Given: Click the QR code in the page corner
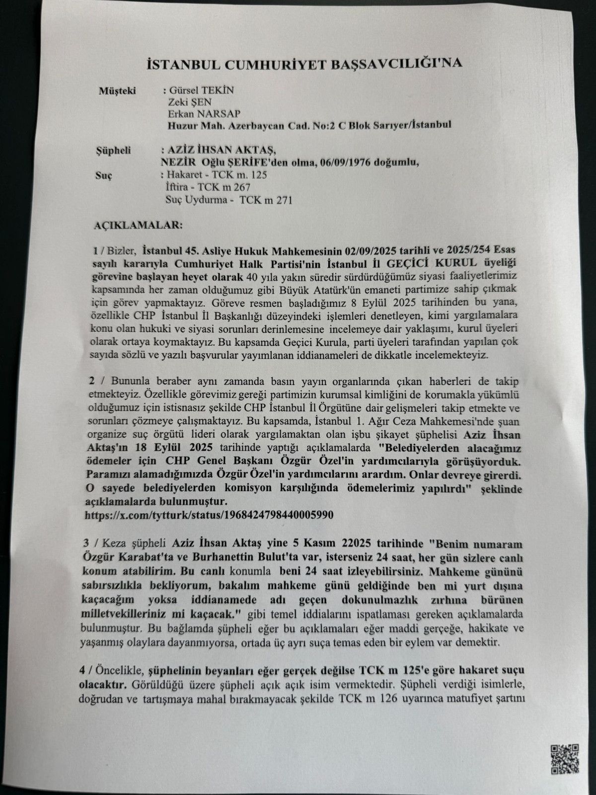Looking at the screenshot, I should coord(564,758).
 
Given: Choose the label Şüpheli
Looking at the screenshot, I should coord(112,152).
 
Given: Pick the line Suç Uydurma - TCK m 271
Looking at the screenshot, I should coord(229,200).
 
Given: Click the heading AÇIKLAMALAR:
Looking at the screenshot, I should coord(137,225).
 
